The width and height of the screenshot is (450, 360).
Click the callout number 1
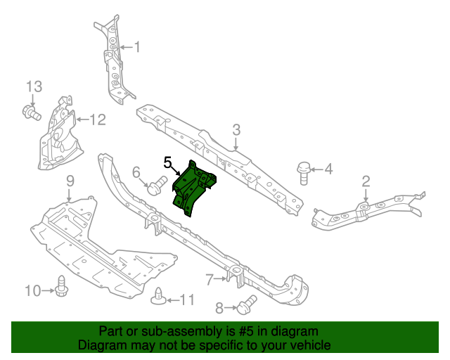[x=137, y=48]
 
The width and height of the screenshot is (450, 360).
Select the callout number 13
[x=34, y=86]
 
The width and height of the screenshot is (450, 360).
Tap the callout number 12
[x=97, y=120]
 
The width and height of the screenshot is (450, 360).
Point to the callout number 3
[x=236, y=129]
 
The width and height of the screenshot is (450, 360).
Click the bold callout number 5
[x=168, y=163]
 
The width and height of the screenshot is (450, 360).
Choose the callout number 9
[x=70, y=182]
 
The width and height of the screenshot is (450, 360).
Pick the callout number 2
[x=366, y=181]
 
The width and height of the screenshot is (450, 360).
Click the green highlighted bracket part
[x=193, y=186]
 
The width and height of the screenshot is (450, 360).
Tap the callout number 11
[x=186, y=300]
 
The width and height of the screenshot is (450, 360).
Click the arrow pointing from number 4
[x=316, y=169]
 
